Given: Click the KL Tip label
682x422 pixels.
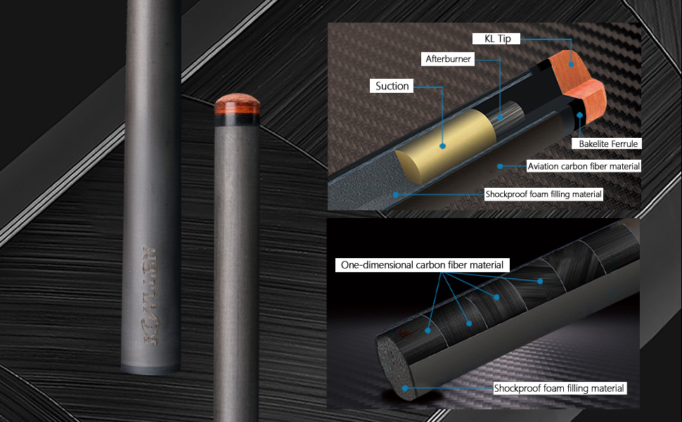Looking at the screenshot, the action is tap(496, 39).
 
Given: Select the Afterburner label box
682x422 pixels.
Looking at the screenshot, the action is tap(448, 59).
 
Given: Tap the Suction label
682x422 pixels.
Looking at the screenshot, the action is tap(392, 86).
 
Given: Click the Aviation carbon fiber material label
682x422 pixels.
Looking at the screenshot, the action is tap(584, 166).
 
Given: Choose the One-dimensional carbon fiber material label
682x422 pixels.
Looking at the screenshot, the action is tap(422, 265).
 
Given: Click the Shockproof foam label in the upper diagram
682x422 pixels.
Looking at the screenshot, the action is tap(543, 194).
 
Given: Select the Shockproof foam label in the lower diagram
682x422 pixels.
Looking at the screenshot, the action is tap(560, 388).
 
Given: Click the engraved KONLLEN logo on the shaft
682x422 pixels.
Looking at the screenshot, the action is tap(151, 296).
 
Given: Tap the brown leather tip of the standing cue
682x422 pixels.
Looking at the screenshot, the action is tap(237, 103).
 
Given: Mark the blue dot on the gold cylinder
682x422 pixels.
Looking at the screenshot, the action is tap(442, 146).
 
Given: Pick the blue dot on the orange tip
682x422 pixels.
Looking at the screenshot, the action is tap(571, 64).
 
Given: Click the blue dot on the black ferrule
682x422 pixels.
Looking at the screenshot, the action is tap(580, 115).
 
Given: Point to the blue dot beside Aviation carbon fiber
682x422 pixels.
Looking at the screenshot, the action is tap(500, 166).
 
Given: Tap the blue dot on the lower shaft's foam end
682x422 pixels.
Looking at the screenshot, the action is tap(405, 388).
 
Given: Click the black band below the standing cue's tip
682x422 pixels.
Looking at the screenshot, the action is tap(237, 120).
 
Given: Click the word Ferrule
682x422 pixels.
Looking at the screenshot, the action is tap(623, 143).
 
